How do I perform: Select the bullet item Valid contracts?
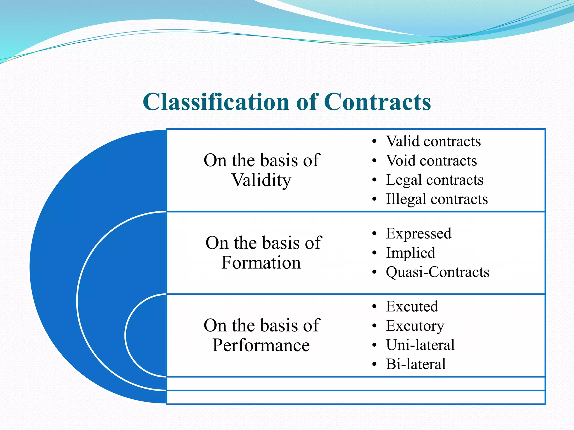coord(433,141)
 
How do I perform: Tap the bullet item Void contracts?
coord(431,161)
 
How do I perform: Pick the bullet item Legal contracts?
coord(434,180)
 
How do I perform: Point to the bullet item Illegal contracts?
coord(437,199)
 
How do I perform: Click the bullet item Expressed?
coord(418,233)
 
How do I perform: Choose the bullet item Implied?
coord(410,253)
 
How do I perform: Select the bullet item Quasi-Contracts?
coord(437,272)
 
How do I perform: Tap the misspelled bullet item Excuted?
coord(412,306)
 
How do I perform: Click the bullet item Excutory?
coord(415,326)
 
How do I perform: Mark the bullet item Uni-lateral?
coord(420,345)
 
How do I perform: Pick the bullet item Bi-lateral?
coord(416,364)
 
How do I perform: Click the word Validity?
coord(261,180)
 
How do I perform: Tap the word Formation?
coord(261,263)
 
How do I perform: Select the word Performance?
coord(261,345)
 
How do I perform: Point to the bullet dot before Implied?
coord(374,253)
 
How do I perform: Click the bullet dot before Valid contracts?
coord(374,142)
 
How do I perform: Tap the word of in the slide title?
coord(307,102)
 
